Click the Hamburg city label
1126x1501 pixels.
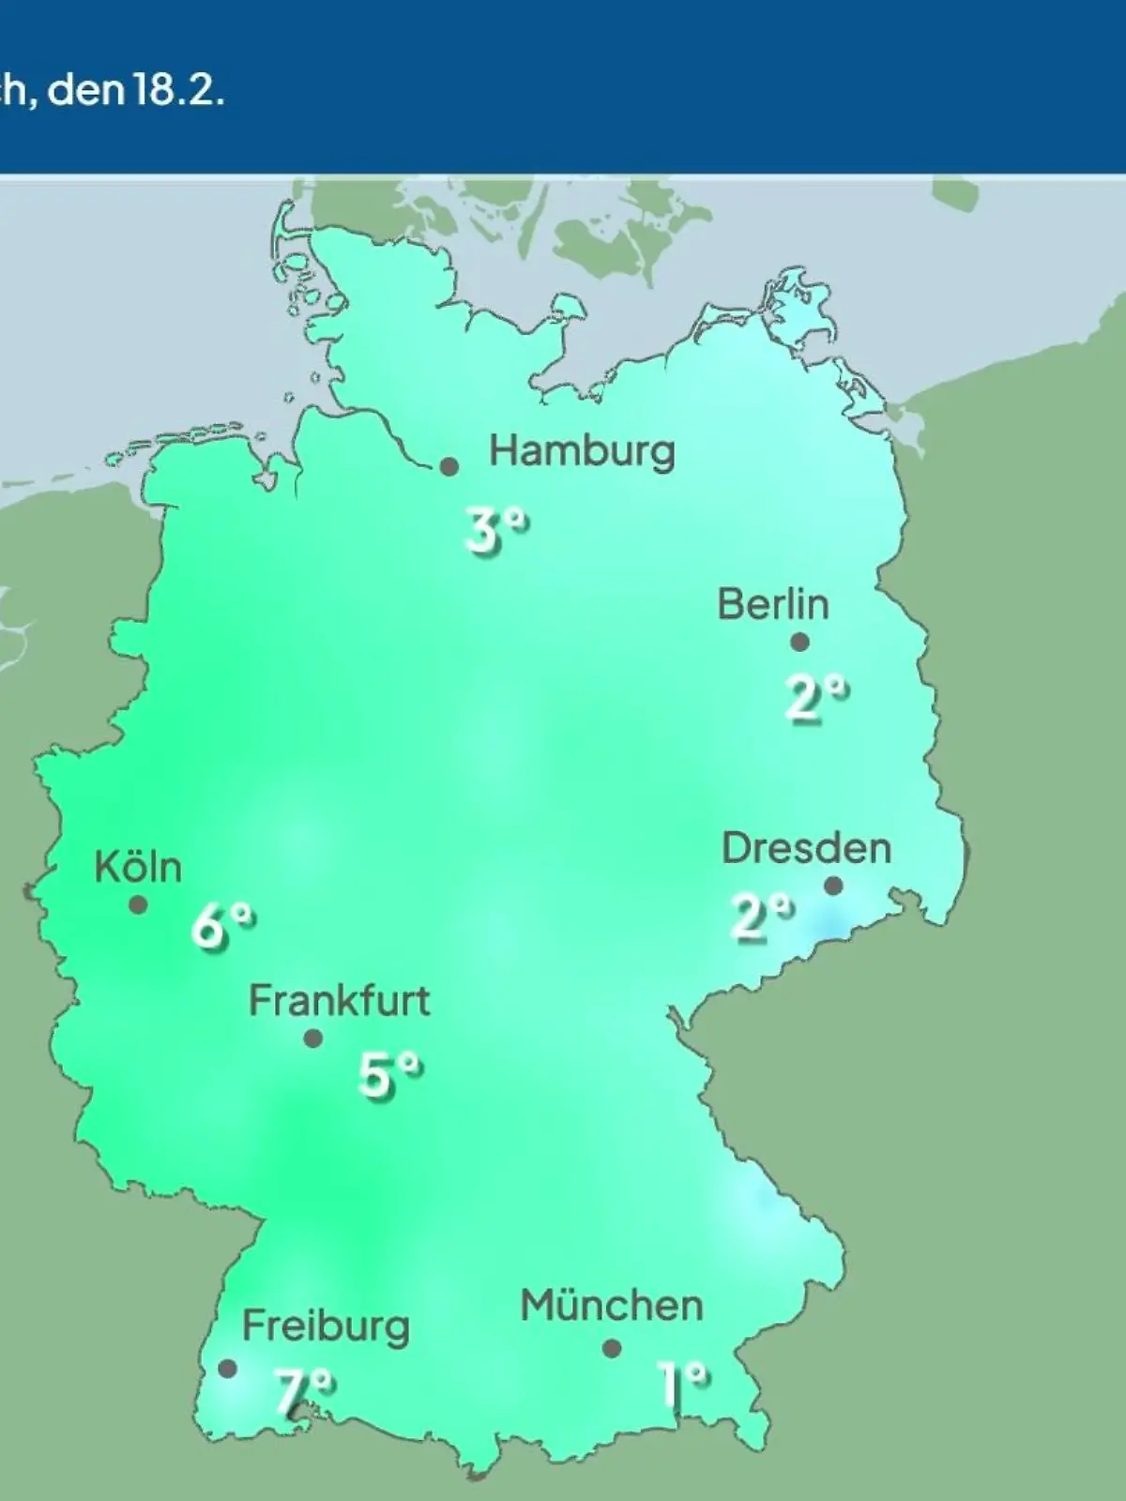pos(582,452)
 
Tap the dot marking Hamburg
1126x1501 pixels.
pos(449,466)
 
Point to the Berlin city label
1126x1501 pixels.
pos(773,604)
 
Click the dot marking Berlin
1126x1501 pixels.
pos(799,643)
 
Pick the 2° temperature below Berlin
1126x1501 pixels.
pos(815,699)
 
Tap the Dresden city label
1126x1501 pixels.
pos(806,848)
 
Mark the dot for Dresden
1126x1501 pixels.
pos(833,886)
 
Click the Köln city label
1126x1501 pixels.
pos(138,867)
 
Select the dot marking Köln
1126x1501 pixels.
pos(138,905)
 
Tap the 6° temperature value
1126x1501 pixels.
pos(222,927)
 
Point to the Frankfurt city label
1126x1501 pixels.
pos(339,1001)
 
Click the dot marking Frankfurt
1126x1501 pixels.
pos(313,1039)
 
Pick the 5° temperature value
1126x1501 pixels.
pos(389,1075)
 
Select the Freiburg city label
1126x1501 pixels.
pos(326,1327)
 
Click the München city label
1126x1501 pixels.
pos(612,1306)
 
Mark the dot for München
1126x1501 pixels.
pos(612,1349)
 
